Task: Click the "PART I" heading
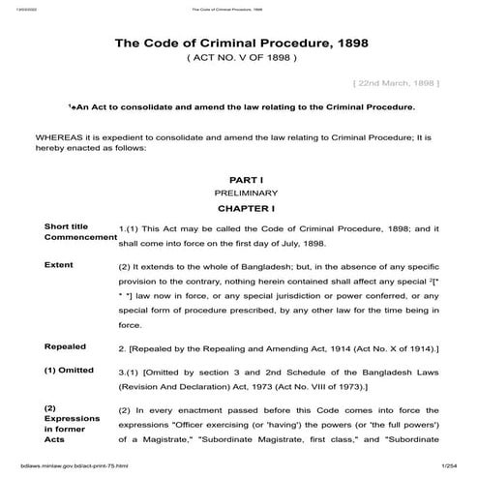pyautogui.click(x=240, y=181)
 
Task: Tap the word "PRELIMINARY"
pyautogui.click(x=240, y=194)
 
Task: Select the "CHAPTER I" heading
pyautogui.click(x=240, y=207)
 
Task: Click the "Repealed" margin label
pyautogui.click(x=65, y=344)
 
